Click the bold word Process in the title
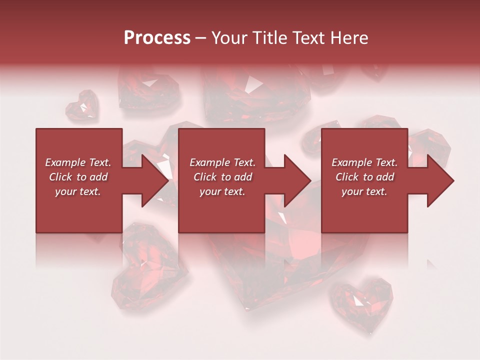[x=157, y=38]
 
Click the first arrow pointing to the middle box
[x=150, y=180]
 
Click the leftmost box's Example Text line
[x=78, y=162]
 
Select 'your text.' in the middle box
[x=222, y=191]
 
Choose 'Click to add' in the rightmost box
[x=364, y=177]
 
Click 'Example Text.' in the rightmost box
[x=364, y=162]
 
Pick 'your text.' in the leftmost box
[x=78, y=191]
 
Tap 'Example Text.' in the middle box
[x=222, y=162]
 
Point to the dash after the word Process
[x=201, y=38]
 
